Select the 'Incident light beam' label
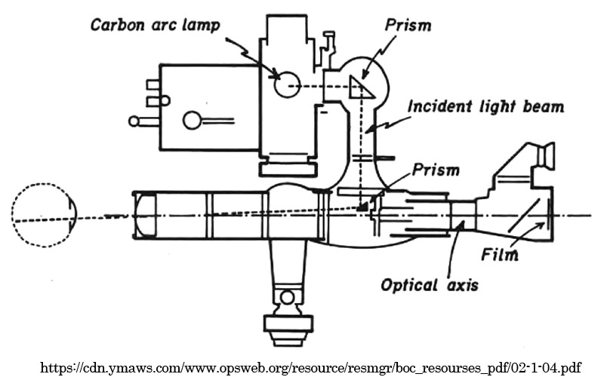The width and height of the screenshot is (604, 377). (485, 106)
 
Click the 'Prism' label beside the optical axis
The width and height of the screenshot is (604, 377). (436, 170)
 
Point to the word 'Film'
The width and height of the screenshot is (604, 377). (500, 255)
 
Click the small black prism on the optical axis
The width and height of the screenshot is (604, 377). (363, 204)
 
